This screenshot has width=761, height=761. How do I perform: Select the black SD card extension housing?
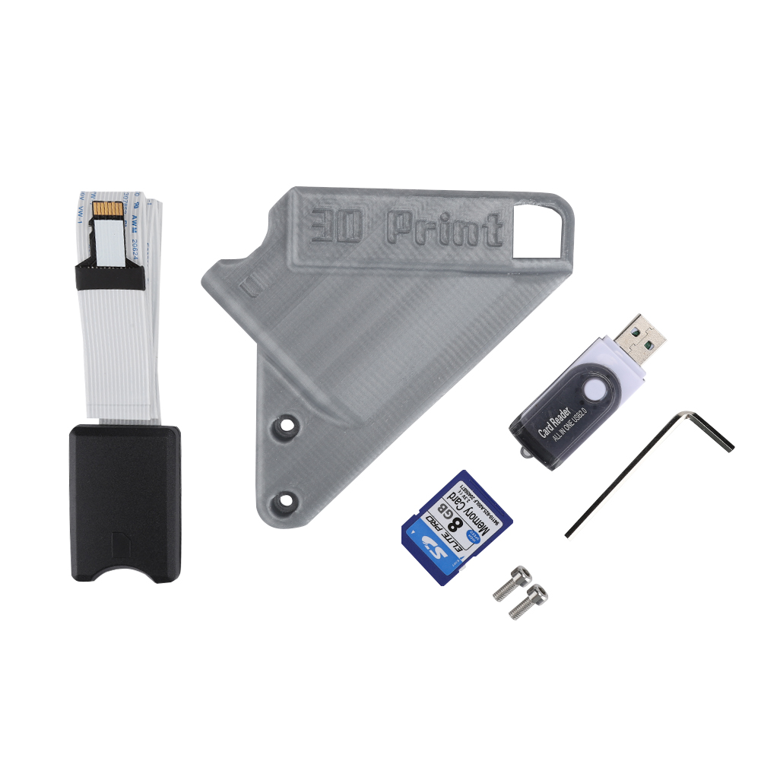126,502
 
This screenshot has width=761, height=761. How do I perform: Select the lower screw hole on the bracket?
287,499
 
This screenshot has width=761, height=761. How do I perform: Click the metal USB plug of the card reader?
641,340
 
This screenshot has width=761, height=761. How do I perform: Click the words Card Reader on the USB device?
556,420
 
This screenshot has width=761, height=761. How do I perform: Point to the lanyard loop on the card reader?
525,453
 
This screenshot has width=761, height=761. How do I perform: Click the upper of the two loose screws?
511,583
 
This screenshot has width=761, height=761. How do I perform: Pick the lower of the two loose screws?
528,601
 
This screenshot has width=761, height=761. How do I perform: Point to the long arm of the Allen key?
623,475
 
